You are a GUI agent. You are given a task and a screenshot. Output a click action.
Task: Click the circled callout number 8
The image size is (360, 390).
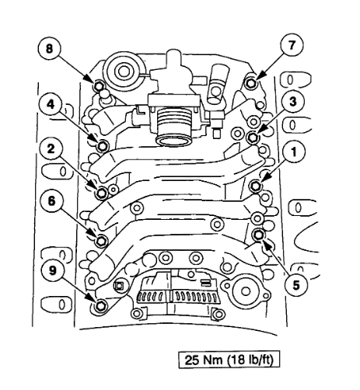pyautogui.click(x=49, y=48)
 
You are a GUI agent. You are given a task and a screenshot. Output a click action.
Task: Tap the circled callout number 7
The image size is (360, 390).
pyautogui.click(x=292, y=46)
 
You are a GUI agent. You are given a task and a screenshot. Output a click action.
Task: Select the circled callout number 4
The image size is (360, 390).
pyautogui.click(x=51, y=105)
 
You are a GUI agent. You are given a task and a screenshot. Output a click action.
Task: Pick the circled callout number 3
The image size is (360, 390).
pyautogui.click(x=293, y=102)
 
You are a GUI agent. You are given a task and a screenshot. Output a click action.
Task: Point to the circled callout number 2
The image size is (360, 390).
pyautogui.click(x=51, y=149)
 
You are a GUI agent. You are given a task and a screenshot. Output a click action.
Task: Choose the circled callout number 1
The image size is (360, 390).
pyautogui.click(x=294, y=152)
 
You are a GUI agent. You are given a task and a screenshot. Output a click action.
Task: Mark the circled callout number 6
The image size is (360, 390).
pyautogui.click(x=52, y=201)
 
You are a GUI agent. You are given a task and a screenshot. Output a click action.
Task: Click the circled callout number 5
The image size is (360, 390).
pyautogui.click(x=295, y=285)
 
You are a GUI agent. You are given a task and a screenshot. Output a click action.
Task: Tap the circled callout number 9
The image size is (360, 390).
pyautogui.click(x=53, y=271)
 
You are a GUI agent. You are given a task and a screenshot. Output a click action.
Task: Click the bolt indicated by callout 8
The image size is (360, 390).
pyautogui.click(x=99, y=85)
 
